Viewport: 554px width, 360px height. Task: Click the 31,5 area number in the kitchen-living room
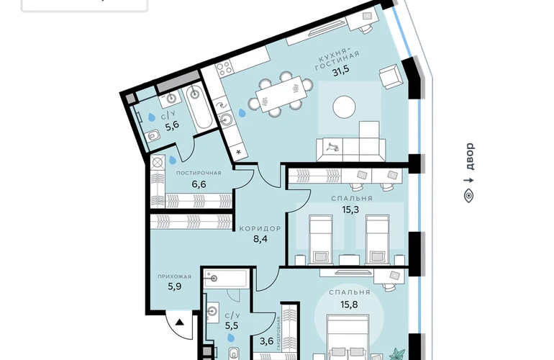pyautogui.click(x=340, y=71)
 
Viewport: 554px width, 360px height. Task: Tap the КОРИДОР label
pyautogui.click(x=260, y=228)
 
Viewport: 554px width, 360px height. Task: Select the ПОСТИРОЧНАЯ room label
pyautogui.click(x=199, y=173)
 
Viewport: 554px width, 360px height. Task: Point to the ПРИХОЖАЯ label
pyautogui.click(x=175, y=276)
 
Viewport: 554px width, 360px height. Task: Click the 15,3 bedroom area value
pyautogui.click(x=350, y=210)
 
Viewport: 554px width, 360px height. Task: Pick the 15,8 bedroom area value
pyautogui.click(x=349, y=304)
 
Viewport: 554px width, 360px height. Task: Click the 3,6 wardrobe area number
pyautogui.click(x=267, y=341)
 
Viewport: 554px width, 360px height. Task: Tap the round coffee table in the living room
pyautogui.click(x=344, y=107)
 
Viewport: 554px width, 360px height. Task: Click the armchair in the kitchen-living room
pyautogui.click(x=391, y=77)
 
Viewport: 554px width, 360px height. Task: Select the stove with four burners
pyautogui.click(x=224, y=68)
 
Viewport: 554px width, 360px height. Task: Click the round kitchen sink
pyautogui.click(x=225, y=120)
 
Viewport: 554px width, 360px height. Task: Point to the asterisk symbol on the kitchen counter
pyautogui.click(x=238, y=153)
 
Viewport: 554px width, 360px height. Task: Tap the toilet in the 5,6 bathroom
pyautogui.click(x=153, y=136)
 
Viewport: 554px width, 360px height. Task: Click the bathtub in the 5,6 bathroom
pyautogui.click(x=199, y=107)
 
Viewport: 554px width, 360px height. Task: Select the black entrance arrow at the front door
pyautogui.click(x=180, y=322)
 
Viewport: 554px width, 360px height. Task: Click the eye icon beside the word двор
pyautogui.click(x=469, y=196)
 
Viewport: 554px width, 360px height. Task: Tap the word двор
pyautogui.click(x=470, y=156)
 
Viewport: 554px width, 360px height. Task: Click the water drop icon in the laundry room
pyautogui.click(x=173, y=161)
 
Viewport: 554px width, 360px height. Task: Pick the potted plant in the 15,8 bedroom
pyautogui.click(x=398, y=354)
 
